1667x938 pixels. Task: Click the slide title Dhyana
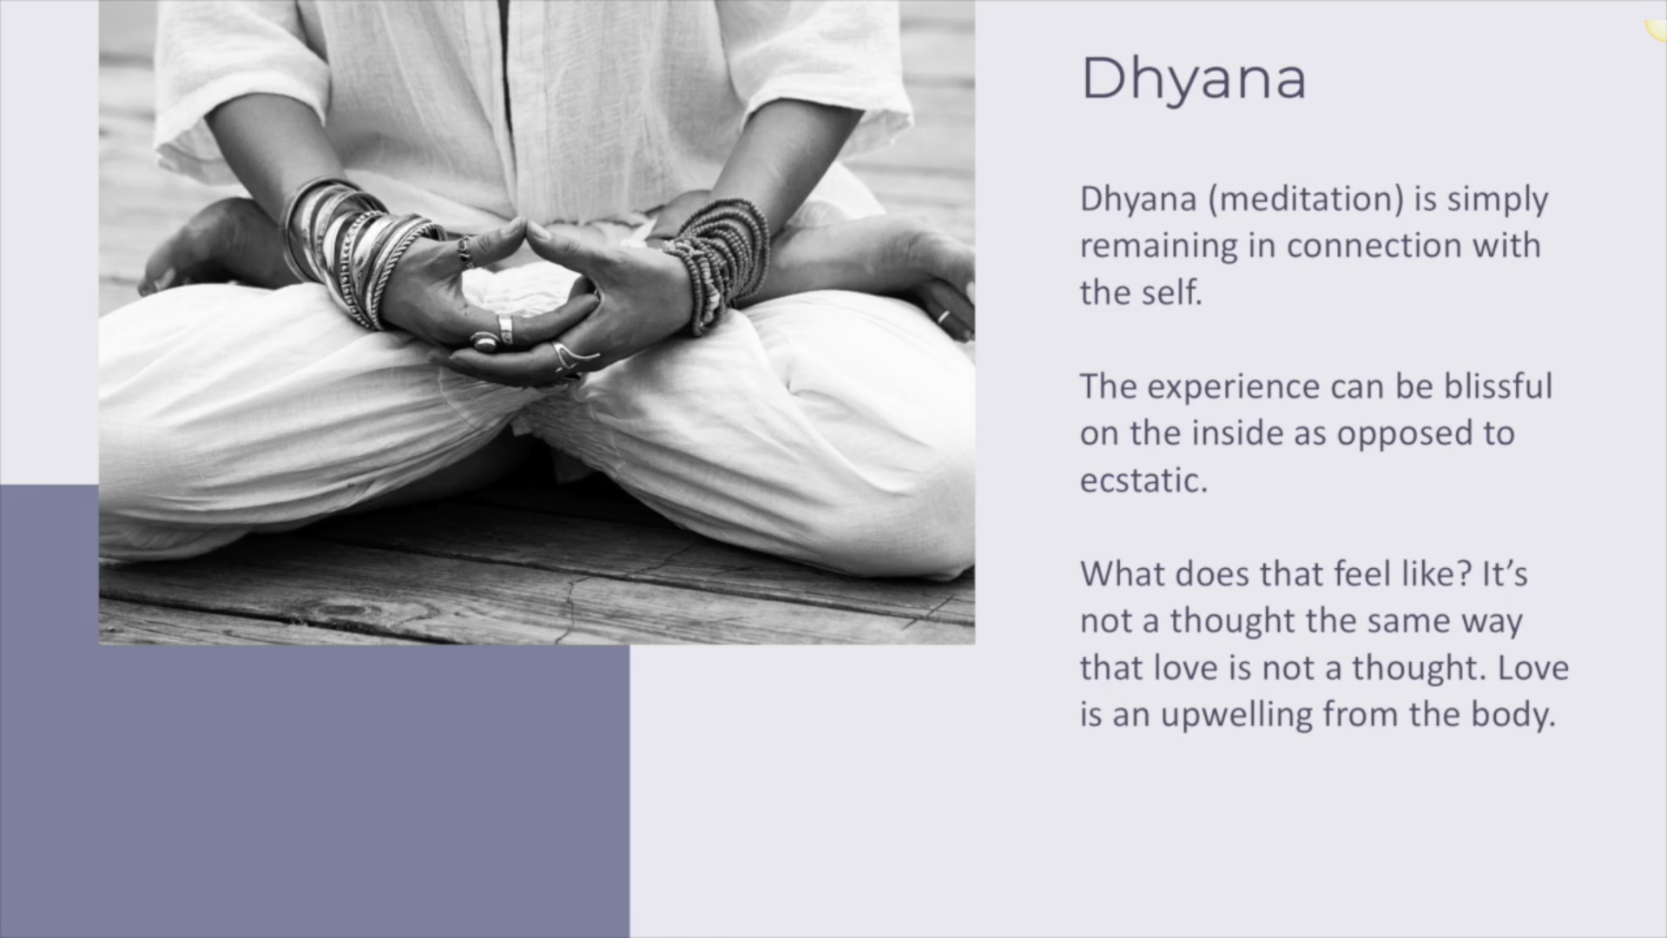pyautogui.click(x=1193, y=79)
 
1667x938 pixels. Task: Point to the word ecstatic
pyautogui.click(x=1143, y=480)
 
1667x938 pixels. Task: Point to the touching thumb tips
pyautogui.click(x=526, y=227)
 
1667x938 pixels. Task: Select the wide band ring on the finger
pyautogui.click(x=504, y=330)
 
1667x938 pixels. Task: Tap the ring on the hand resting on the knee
pyautogui.click(x=944, y=316)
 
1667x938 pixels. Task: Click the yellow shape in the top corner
pyautogui.click(x=1657, y=30)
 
